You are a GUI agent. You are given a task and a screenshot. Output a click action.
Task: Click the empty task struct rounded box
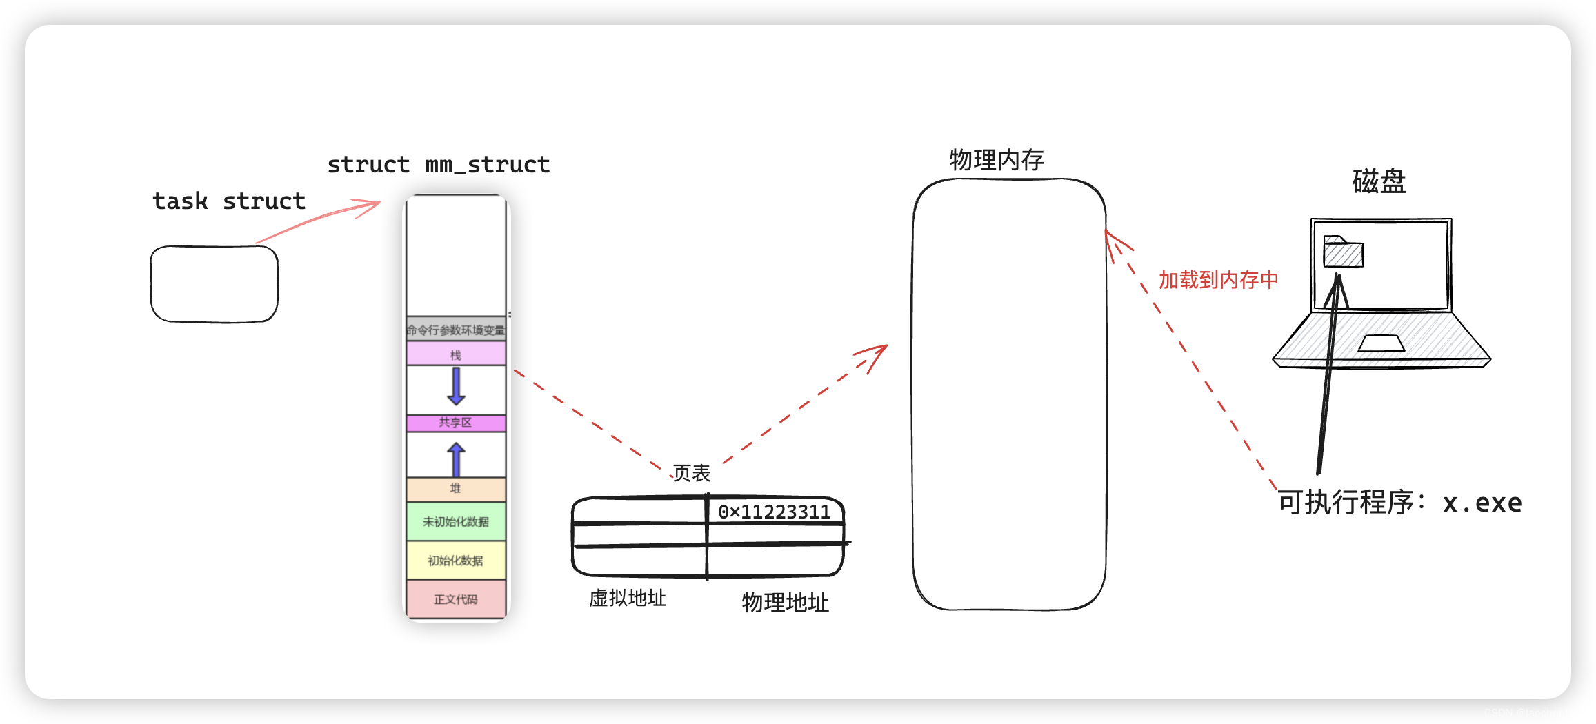(x=215, y=284)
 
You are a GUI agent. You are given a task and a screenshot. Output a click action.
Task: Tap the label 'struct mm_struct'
(x=439, y=165)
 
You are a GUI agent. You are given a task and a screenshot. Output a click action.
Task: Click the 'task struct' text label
(x=229, y=201)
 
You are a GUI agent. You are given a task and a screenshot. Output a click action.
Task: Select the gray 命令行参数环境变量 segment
(x=455, y=330)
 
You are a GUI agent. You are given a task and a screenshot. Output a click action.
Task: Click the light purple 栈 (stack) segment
(x=455, y=354)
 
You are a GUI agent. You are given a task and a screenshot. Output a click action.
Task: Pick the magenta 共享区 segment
(x=455, y=423)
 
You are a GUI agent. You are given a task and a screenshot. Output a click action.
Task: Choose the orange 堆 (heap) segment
(x=455, y=488)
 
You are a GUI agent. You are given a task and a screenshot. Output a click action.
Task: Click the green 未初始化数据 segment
(x=455, y=522)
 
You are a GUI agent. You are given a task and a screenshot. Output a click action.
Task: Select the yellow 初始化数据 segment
(x=455, y=561)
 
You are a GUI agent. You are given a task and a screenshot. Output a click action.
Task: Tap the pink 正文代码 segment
(x=455, y=599)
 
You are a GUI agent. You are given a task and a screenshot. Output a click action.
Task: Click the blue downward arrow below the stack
(x=456, y=386)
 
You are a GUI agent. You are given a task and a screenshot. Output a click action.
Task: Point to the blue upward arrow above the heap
(x=456, y=459)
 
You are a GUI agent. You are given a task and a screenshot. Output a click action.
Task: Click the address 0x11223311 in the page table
(x=774, y=512)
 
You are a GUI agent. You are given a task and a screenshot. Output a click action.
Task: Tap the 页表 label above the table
(x=691, y=473)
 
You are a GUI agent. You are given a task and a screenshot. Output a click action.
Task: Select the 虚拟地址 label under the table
(x=628, y=598)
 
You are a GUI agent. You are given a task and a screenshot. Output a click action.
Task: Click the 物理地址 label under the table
(x=785, y=603)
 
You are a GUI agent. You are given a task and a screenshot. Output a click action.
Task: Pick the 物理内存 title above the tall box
(x=997, y=160)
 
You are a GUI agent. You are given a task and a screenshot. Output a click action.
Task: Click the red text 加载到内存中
(x=1218, y=280)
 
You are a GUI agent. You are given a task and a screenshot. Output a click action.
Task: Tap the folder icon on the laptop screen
(x=1343, y=252)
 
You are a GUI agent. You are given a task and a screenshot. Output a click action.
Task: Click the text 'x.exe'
(x=1482, y=503)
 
